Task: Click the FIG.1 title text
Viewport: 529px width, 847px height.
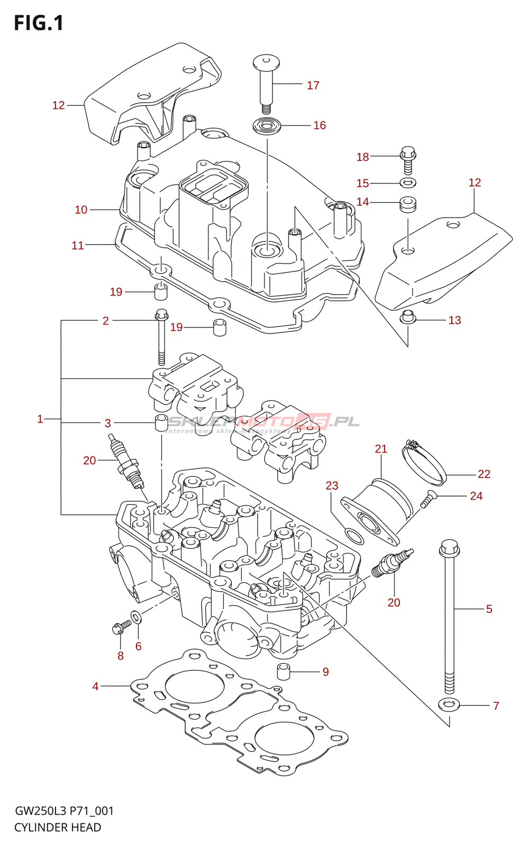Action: click(x=39, y=23)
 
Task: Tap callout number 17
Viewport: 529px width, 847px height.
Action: click(x=313, y=85)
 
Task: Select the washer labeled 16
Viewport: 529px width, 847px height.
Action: click(x=267, y=127)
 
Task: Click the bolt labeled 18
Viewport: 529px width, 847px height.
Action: click(x=408, y=159)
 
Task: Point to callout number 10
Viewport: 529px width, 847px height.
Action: click(x=81, y=210)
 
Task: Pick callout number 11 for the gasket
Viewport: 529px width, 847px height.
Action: click(x=78, y=245)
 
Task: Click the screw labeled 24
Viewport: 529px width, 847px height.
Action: click(x=427, y=499)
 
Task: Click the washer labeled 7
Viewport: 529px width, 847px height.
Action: click(x=449, y=705)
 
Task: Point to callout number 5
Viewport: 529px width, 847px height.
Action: click(x=489, y=609)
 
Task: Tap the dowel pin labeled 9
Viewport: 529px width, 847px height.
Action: click(x=285, y=671)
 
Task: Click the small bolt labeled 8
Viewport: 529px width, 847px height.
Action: click(x=121, y=628)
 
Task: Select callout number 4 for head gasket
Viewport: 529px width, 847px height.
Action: click(x=95, y=687)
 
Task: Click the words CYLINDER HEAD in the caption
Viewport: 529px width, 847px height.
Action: click(x=58, y=827)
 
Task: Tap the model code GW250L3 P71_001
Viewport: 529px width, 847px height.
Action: click(x=64, y=811)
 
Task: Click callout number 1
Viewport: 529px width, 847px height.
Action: click(x=40, y=419)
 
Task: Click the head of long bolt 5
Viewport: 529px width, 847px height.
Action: click(x=449, y=548)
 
